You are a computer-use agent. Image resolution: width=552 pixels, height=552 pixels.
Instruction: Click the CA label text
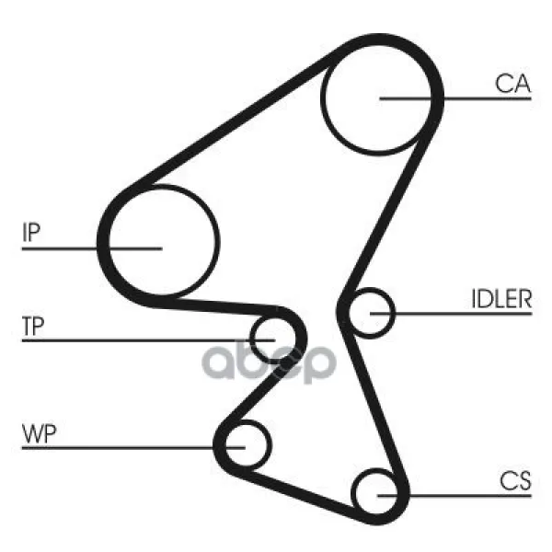512,84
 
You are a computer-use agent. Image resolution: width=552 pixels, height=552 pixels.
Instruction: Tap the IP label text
31,232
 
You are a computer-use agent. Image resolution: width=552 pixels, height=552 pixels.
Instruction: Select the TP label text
33,326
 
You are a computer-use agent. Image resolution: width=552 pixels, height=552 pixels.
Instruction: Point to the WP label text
39,433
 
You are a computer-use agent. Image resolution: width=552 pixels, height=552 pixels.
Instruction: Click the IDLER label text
501,299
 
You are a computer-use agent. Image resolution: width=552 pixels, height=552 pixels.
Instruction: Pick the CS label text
515,480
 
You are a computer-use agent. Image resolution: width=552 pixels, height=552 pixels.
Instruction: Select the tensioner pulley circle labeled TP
250,340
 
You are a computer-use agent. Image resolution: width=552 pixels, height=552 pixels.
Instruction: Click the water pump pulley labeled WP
270,445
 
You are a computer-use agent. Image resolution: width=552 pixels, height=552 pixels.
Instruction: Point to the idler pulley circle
394,314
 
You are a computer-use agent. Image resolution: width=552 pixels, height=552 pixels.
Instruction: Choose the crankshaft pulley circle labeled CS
352,493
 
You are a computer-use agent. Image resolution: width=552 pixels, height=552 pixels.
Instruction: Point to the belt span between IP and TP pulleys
218,305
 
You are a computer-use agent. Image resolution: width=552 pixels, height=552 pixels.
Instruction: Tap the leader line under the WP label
133,448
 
